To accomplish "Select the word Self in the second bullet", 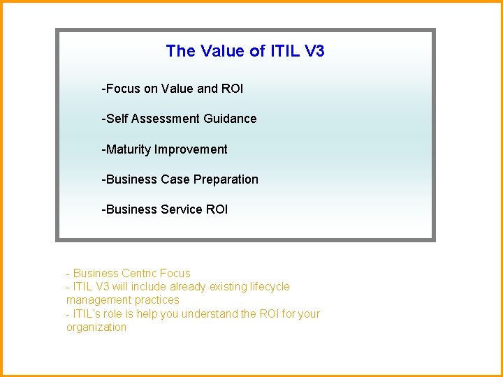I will point(116,119).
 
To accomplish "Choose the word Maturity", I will point(127,149).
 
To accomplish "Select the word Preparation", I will point(226,179).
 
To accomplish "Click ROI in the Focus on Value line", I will point(232,89).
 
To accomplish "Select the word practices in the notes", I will point(156,300).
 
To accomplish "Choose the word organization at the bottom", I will point(96,327).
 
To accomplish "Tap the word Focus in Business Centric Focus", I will point(175,273).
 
